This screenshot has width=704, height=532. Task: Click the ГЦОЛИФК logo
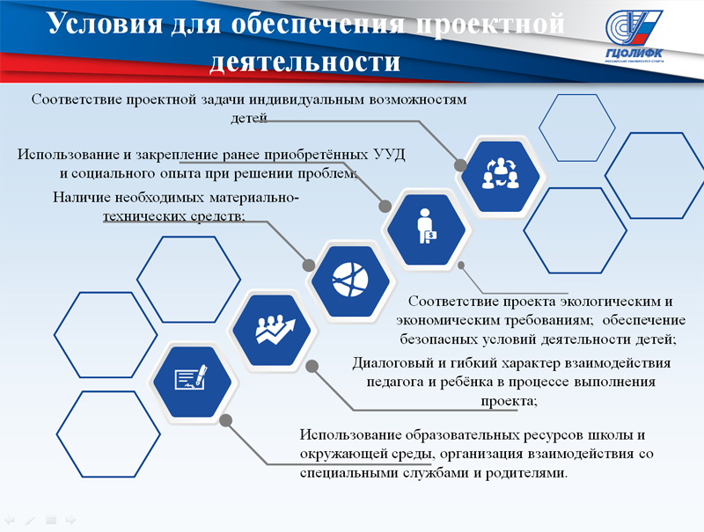coord(634,36)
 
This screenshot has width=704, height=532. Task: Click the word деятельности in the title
coord(304,62)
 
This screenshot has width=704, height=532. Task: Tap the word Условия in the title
coord(105,24)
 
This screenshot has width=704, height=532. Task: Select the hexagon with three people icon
coord(500,176)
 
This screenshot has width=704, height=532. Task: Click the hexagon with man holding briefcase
coord(426,230)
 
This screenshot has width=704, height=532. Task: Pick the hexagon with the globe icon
coord(350,281)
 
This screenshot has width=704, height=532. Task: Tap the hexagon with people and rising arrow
coord(272,331)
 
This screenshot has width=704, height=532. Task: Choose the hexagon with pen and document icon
coord(192,382)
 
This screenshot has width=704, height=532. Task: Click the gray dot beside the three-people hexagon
coord(460,165)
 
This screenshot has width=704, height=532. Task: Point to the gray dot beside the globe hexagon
coord(309,265)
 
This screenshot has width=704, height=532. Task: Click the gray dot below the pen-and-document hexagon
coord(226,420)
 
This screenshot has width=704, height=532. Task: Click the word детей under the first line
coord(249,118)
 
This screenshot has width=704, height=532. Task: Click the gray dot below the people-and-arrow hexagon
coord(312,366)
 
